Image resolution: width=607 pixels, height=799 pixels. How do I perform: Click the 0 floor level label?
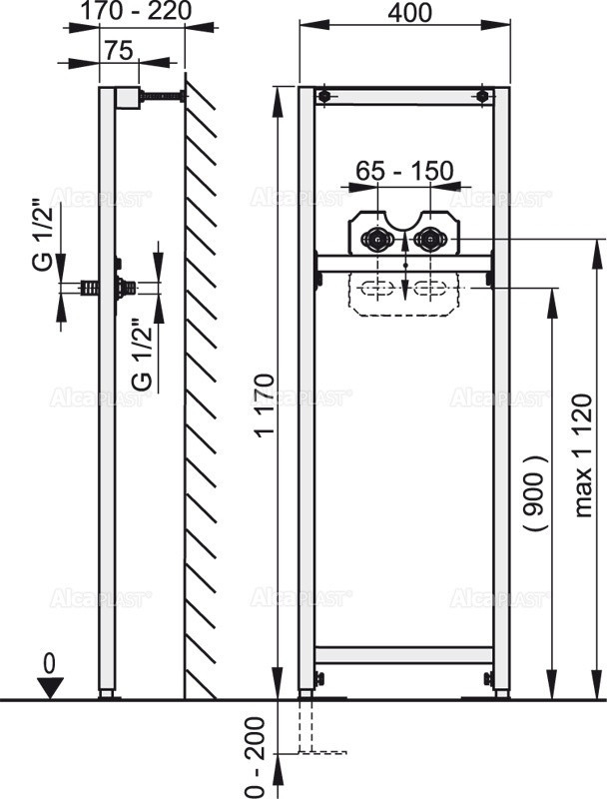[x=47, y=661]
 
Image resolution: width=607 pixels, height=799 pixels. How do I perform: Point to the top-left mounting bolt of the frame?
[x=322, y=97]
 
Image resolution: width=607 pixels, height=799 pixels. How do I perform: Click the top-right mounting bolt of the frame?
[x=483, y=97]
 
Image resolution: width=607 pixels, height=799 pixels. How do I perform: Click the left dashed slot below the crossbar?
[x=377, y=291]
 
